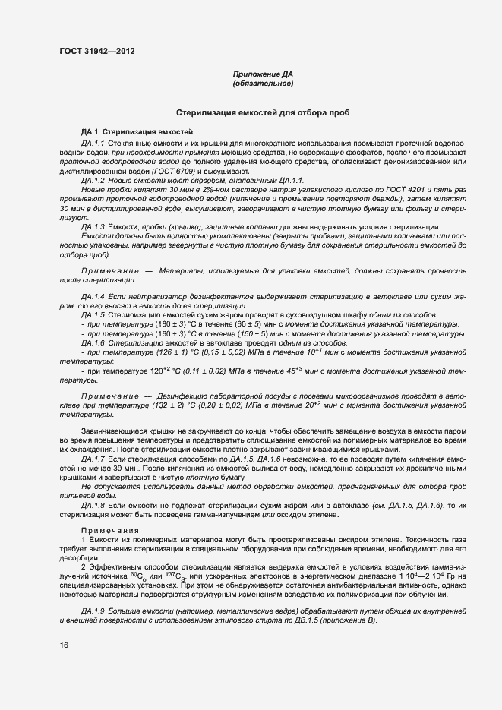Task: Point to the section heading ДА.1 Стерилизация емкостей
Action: (x=137, y=132)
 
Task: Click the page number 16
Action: (x=64, y=645)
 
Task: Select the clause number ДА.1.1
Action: (x=92, y=143)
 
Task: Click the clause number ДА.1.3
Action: (x=92, y=227)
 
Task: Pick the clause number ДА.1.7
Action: (x=92, y=459)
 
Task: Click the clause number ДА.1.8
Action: (x=92, y=503)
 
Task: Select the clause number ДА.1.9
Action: (x=92, y=611)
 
